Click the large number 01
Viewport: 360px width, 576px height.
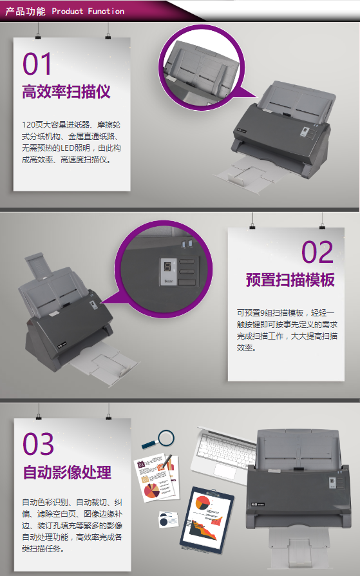[37, 64]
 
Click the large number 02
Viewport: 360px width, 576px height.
[317, 253]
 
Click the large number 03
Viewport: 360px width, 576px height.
[38, 444]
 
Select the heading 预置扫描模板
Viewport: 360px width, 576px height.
[290, 280]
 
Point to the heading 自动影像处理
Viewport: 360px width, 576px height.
[67, 472]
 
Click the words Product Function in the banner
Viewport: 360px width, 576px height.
[88, 12]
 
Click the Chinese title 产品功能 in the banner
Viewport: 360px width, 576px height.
[25, 12]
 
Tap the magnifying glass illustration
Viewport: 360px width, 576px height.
[158, 439]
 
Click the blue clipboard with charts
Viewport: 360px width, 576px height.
[207, 520]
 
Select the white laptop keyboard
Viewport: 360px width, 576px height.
[226, 449]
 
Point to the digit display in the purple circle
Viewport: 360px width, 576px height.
[167, 267]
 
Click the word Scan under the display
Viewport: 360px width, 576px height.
[169, 281]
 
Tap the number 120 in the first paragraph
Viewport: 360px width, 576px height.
[28, 125]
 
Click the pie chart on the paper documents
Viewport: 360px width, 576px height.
[151, 491]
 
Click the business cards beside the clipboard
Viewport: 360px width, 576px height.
[169, 519]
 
